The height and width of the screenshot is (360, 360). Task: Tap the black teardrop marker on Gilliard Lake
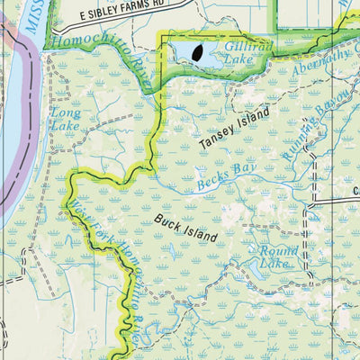[x=196, y=54]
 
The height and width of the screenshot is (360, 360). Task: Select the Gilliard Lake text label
[x=245, y=52]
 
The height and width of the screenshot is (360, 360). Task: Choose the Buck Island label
[x=185, y=228]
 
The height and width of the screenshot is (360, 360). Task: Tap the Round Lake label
[x=276, y=257]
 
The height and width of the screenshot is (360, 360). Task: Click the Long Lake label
[x=65, y=120]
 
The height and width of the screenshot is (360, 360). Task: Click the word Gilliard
[x=244, y=46]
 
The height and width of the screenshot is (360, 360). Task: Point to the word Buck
[x=166, y=220]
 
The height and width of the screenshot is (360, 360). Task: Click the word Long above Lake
[x=65, y=113]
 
